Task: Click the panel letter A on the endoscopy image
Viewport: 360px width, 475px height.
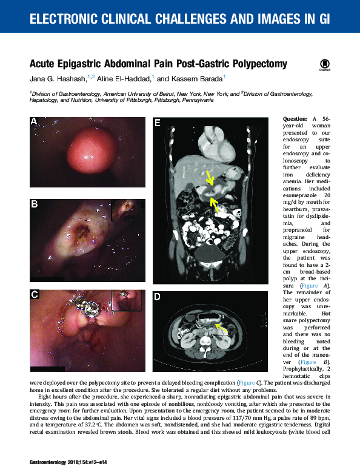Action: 34,121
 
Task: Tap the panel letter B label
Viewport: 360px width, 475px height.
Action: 35,205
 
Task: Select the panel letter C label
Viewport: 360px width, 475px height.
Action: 35,295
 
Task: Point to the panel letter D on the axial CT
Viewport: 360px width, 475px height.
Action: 158,297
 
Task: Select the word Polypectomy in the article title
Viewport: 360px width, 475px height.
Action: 253,64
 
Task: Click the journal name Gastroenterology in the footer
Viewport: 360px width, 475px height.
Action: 50,463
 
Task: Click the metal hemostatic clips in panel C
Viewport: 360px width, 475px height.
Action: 93,311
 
